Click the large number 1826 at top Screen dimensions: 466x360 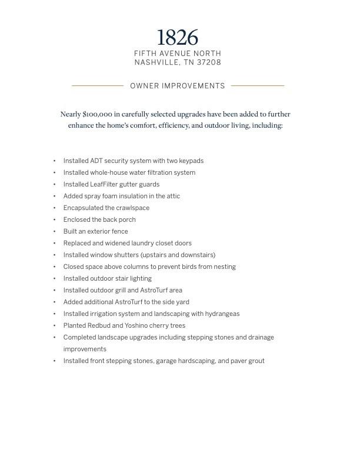178,38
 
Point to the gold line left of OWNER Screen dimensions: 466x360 98,86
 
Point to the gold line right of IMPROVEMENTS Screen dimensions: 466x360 258,86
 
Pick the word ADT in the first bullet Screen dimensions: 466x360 96,161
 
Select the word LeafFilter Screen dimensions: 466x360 106,184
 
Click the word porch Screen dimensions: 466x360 127,219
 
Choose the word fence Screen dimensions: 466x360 119,231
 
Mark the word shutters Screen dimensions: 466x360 125,255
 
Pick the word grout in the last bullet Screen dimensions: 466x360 256,361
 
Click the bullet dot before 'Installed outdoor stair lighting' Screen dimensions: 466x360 55,278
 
